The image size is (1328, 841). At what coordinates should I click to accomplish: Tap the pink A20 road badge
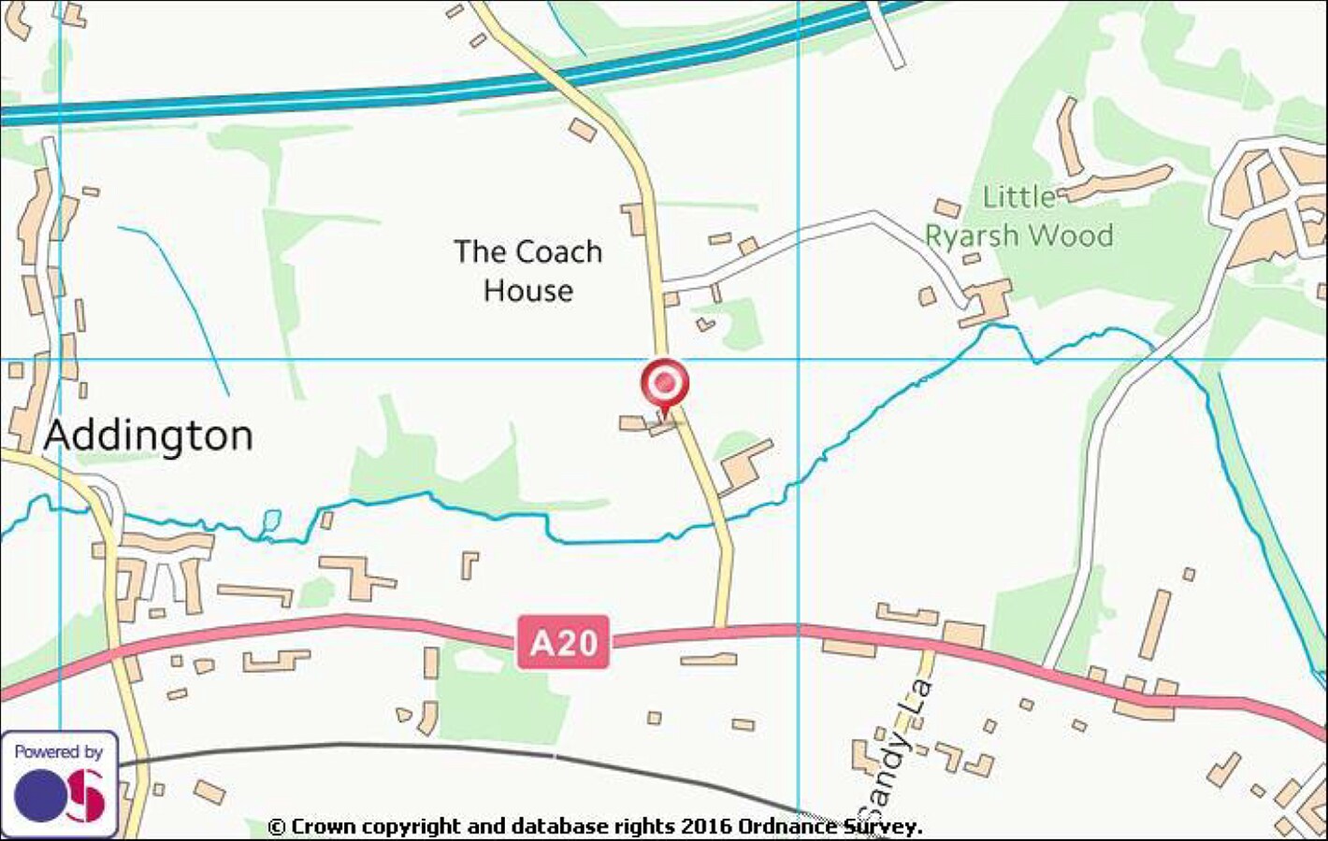pos(564,642)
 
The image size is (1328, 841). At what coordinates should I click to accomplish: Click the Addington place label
pos(149,435)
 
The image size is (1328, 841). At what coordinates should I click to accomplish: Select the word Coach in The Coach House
pos(559,252)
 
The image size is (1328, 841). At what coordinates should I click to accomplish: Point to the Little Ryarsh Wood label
pos(1019,217)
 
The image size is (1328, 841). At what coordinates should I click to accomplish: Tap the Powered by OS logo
pos(59,783)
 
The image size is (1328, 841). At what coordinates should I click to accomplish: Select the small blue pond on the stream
pos(271,519)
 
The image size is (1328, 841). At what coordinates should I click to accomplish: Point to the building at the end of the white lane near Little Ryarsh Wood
pos(987,304)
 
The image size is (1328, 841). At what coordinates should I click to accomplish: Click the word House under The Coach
pos(528,291)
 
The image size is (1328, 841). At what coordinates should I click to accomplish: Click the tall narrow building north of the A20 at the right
pos(1156,624)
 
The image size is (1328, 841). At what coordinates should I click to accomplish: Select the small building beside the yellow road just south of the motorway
pos(583,130)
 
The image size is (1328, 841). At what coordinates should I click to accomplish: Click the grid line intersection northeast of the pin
pos(798,359)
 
